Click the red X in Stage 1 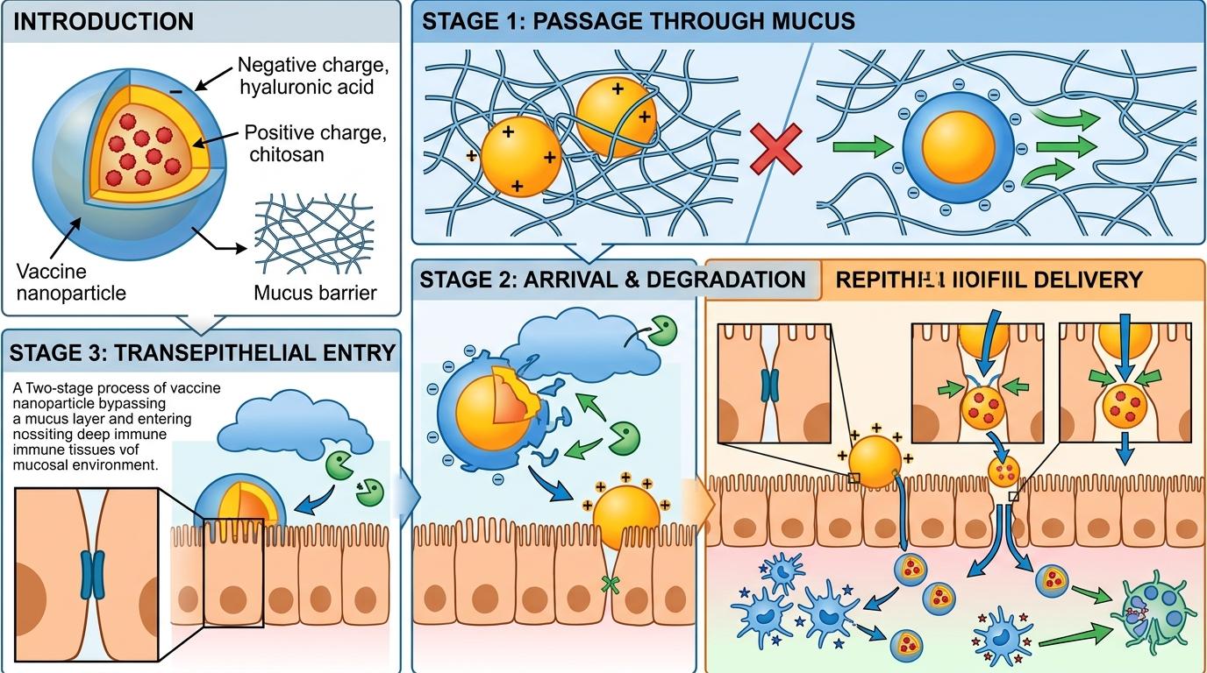pyautogui.click(x=775, y=148)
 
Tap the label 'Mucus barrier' pyautogui.click(x=315, y=292)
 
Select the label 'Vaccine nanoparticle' pyautogui.click(x=71, y=282)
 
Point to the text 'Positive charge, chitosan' pyautogui.click(x=315, y=144)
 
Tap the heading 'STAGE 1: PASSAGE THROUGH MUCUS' pyautogui.click(x=639, y=21)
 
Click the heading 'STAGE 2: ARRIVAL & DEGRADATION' pyautogui.click(x=612, y=280)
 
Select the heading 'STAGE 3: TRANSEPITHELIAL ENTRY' pyautogui.click(x=203, y=352)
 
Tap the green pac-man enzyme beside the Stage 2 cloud pyautogui.click(x=664, y=332)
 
